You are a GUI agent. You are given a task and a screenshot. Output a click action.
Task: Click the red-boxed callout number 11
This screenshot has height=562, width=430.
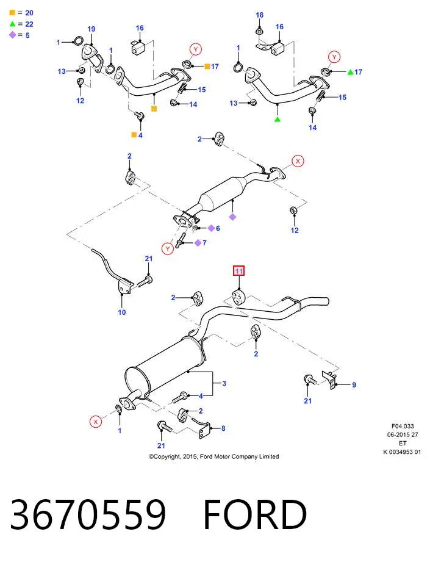tap(239, 271)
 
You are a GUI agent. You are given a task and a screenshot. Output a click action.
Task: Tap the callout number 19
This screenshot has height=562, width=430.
tap(91, 29)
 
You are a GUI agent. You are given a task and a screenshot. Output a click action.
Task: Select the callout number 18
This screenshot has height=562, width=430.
tap(259, 15)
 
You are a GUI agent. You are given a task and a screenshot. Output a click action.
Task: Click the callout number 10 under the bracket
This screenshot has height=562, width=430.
tap(122, 312)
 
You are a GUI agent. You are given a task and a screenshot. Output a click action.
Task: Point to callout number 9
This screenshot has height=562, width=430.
tap(354, 385)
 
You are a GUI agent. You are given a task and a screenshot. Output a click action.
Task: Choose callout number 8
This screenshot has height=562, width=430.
tap(223, 428)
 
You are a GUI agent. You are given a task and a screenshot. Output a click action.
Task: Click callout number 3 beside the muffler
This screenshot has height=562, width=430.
tap(224, 383)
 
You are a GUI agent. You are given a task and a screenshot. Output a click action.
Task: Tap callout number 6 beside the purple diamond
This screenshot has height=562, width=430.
tap(218, 228)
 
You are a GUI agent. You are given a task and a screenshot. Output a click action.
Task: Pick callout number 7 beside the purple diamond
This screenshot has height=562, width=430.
tap(204, 243)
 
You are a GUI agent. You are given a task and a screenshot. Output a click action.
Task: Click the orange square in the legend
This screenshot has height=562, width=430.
tap(12, 13)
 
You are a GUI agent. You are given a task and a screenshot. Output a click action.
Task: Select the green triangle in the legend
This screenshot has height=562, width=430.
tap(13, 24)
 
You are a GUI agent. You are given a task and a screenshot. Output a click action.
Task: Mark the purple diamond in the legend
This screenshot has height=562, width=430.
tap(13, 35)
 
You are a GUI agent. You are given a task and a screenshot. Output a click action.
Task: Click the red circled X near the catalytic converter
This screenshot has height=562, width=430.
tap(298, 161)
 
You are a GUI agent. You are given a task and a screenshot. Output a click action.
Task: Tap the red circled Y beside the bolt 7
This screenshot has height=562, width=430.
tap(168, 248)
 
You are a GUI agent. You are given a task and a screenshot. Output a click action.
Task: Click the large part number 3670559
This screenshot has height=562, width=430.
tap(88, 514)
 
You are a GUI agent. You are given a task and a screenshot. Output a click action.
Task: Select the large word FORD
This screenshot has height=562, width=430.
tap(255, 514)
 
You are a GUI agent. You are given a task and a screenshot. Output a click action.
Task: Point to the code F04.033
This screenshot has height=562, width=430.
tap(403, 427)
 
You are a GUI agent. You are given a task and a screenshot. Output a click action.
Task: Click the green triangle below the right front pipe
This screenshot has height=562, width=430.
tap(278, 119)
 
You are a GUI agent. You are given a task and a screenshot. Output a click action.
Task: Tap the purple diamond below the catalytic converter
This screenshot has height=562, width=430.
tap(232, 217)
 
